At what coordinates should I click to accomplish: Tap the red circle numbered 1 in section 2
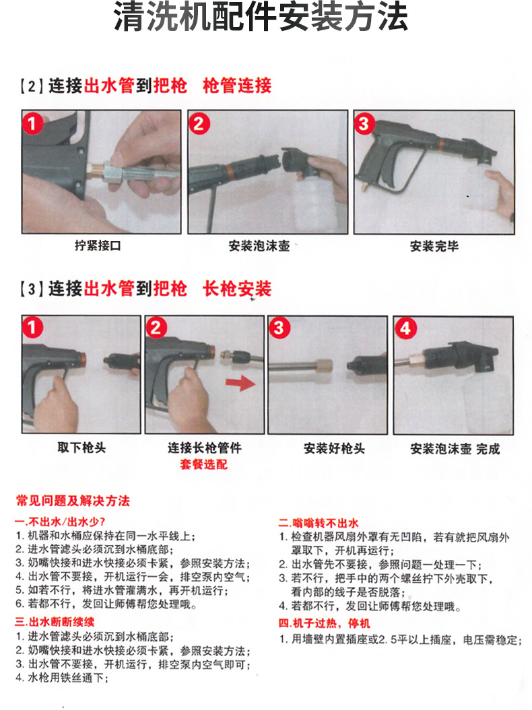click(32, 123)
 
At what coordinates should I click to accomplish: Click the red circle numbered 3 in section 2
click(364, 124)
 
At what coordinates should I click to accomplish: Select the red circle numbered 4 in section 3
click(405, 328)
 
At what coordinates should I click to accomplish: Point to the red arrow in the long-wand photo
click(241, 383)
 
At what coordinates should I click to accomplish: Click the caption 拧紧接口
click(98, 246)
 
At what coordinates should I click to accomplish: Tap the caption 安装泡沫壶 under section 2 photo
click(259, 246)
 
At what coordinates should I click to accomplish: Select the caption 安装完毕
click(434, 246)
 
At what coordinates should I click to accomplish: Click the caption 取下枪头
click(81, 448)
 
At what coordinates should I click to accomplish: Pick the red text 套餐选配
click(204, 464)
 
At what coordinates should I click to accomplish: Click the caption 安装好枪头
click(335, 448)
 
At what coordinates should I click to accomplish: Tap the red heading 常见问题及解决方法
click(73, 501)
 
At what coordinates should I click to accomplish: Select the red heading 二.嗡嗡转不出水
click(319, 523)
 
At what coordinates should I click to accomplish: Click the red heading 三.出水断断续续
click(55, 622)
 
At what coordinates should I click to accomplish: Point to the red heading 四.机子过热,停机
click(325, 623)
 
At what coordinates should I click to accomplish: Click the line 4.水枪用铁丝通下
click(62, 678)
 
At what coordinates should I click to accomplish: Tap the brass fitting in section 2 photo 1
click(96, 171)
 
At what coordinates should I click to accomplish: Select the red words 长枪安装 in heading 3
click(237, 289)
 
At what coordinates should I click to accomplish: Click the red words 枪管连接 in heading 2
click(237, 85)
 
